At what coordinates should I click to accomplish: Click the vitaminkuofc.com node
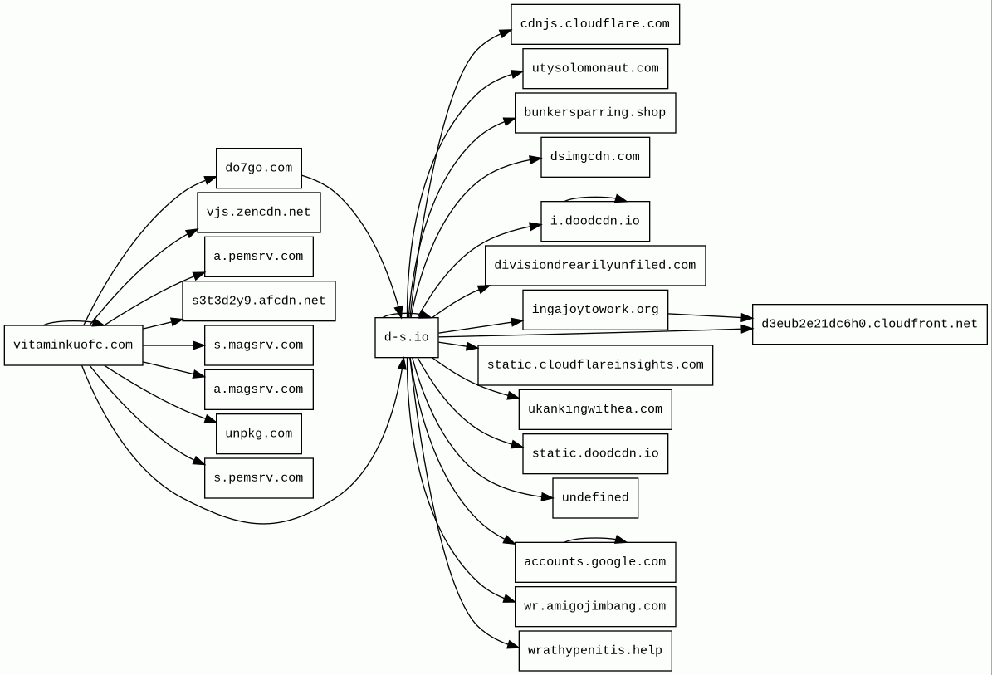pos(73,345)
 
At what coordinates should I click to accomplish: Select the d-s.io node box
pos(407,338)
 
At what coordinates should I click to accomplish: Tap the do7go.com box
pos(258,169)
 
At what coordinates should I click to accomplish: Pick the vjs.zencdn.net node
pos(258,213)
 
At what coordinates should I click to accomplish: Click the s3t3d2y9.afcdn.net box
pos(258,301)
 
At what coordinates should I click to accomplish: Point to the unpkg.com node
pos(258,434)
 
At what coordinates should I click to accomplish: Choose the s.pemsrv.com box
pos(258,478)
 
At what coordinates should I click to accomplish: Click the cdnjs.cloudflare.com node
pos(594,24)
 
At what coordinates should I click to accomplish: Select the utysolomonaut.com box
pos(594,69)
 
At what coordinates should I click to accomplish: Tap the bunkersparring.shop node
pos(594,113)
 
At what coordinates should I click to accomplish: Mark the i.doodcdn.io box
pos(594,222)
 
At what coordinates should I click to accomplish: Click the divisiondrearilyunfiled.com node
pos(594,266)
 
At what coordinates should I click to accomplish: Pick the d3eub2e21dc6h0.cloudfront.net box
pos(869,325)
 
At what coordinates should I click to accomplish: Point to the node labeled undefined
pos(594,498)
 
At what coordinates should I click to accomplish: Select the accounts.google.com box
pos(594,562)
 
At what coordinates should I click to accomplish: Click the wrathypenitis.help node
pos(594,651)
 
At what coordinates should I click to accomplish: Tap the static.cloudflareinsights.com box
pos(594,365)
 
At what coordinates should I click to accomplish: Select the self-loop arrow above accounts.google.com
pos(594,539)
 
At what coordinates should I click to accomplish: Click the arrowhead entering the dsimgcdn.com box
pos(535,159)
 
